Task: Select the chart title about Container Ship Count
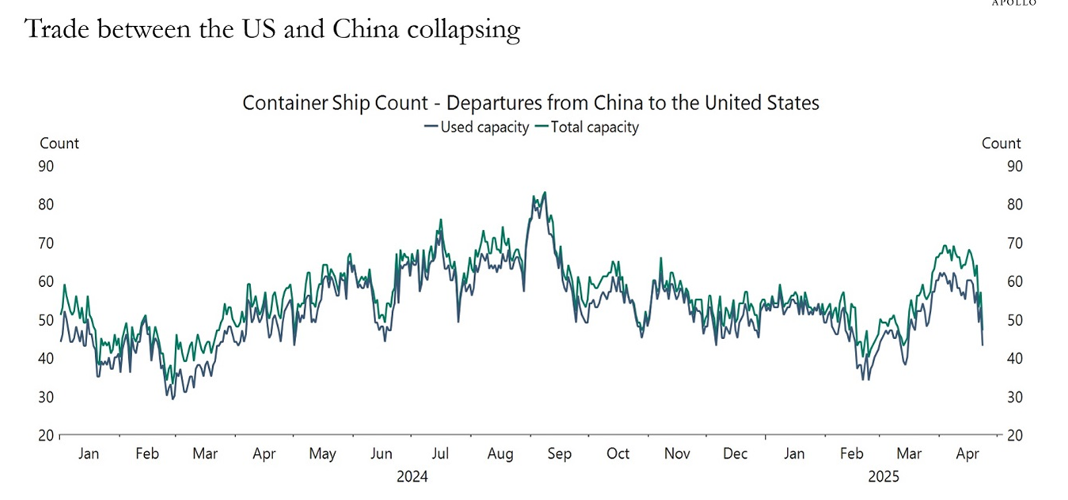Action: point(530,103)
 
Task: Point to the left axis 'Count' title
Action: point(59,143)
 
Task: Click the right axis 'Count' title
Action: point(1001,143)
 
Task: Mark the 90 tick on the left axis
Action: point(45,166)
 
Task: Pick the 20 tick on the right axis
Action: point(1013,436)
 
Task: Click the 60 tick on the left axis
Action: point(45,281)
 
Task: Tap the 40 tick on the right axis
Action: point(1013,359)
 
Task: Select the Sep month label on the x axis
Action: point(559,454)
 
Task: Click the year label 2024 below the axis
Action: point(412,477)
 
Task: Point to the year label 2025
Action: point(883,477)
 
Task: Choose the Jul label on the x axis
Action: point(440,454)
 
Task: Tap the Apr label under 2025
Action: point(967,454)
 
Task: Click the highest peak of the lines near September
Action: point(545,193)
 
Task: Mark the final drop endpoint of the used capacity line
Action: point(982,345)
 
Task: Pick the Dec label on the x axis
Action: point(735,454)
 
